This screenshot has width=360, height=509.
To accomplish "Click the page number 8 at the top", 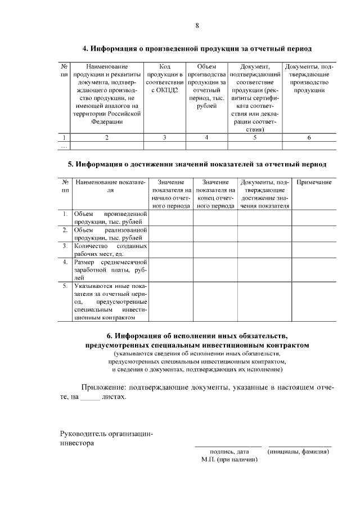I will point(197,25).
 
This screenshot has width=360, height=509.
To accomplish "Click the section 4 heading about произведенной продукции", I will point(197,49).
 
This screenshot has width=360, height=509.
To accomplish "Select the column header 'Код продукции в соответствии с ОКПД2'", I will point(164,78).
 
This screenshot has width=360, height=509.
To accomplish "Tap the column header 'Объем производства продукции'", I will point(206,86).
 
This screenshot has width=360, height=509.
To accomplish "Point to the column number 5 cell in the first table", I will point(255,137).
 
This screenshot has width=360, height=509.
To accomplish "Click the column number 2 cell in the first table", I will point(107,137).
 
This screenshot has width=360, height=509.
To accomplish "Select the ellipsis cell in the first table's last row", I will point(65,146).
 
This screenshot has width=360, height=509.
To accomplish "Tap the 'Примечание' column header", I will point(314,183).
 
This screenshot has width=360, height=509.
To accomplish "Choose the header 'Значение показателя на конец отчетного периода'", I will point(215,194).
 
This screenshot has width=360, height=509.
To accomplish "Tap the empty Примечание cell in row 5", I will point(314,301).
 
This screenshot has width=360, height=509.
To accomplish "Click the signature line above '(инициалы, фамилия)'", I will point(299,445).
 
